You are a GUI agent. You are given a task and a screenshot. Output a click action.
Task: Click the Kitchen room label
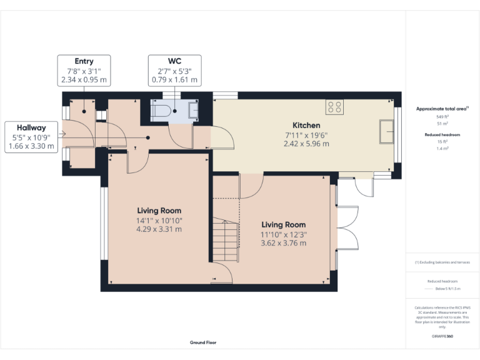[x=307, y=126]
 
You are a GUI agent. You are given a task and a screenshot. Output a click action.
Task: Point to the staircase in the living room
[x=226, y=241]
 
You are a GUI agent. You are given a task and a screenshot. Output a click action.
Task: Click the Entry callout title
[x=84, y=61]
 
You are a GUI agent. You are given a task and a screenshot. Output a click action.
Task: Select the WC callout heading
[x=174, y=61]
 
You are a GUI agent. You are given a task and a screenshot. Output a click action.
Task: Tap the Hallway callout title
[x=31, y=127]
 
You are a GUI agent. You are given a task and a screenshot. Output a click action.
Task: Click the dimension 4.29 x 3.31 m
[x=159, y=229]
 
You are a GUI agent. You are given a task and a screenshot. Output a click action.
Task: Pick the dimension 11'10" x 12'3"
[x=283, y=234]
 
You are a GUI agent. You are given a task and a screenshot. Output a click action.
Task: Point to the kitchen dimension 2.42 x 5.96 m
[x=307, y=144]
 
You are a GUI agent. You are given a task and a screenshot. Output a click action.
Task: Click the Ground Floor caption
[x=203, y=342]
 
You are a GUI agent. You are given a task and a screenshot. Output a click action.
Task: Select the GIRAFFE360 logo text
[x=442, y=336]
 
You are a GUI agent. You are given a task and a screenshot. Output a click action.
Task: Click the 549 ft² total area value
[x=442, y=117]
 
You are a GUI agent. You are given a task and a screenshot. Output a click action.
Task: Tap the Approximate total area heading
[x=441, y=109]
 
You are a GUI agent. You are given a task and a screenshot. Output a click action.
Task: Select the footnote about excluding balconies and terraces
[x=442, y=262]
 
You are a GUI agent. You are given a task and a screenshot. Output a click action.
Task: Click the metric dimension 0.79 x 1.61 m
[x=174, y=80]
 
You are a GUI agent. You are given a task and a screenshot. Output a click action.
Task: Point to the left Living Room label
[x=159, y=211]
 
